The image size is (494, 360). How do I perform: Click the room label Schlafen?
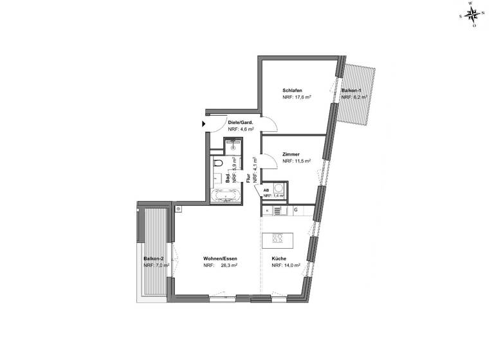(292, 90)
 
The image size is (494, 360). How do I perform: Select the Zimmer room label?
(290, 155)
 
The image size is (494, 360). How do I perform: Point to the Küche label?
(279, 258)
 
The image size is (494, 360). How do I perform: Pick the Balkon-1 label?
(352, 90)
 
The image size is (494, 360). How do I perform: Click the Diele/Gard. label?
(240, 122)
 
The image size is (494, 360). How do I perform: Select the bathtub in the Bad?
(225, 194)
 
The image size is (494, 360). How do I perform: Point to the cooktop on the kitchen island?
(280, 239)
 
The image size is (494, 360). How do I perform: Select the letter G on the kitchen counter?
(295, 210)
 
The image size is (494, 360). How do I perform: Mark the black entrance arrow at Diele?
(204, 123)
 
